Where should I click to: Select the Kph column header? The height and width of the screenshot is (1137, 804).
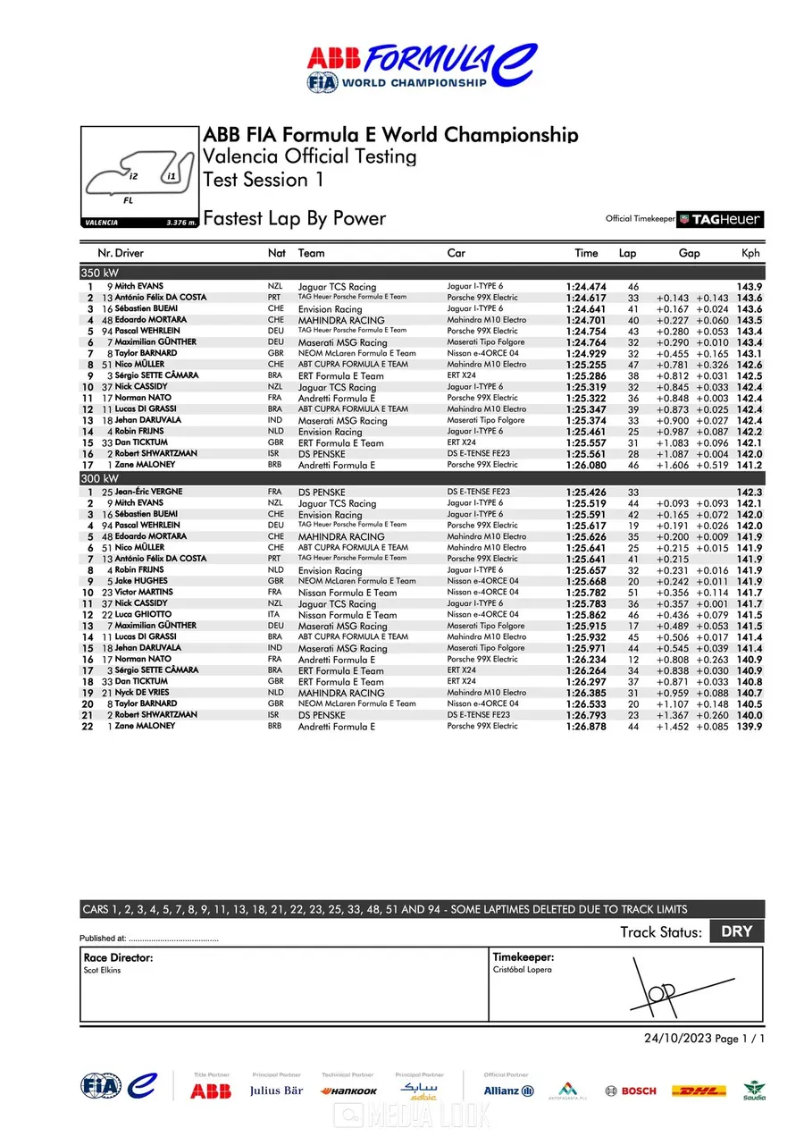[750, 253]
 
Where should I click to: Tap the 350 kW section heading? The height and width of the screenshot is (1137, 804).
[99, 272]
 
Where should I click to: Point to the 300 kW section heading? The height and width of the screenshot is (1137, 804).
[99, 479]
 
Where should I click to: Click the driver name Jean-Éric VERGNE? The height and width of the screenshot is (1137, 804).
[148, 492]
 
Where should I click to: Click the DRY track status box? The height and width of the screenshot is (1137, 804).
[736, 931]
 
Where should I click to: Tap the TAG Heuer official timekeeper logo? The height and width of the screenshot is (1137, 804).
[720, 219]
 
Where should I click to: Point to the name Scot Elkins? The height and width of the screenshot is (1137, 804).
[102, 970]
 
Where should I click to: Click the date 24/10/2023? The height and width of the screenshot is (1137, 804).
[676, 1038]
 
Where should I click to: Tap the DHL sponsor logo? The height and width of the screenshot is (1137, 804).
[698, 1091]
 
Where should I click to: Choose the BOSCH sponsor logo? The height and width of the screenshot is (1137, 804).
[631, 1091]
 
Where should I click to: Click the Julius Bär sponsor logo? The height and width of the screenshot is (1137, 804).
[276, 1091]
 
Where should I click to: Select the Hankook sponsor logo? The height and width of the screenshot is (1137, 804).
[348, 1091]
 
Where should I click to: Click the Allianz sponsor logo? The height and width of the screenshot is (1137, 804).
[508, 1091]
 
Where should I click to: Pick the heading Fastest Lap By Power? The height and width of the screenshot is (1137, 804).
[295, 219]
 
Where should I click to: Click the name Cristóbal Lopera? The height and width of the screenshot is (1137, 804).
[522, 970]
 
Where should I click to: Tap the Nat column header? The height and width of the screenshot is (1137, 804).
[277, 253]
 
